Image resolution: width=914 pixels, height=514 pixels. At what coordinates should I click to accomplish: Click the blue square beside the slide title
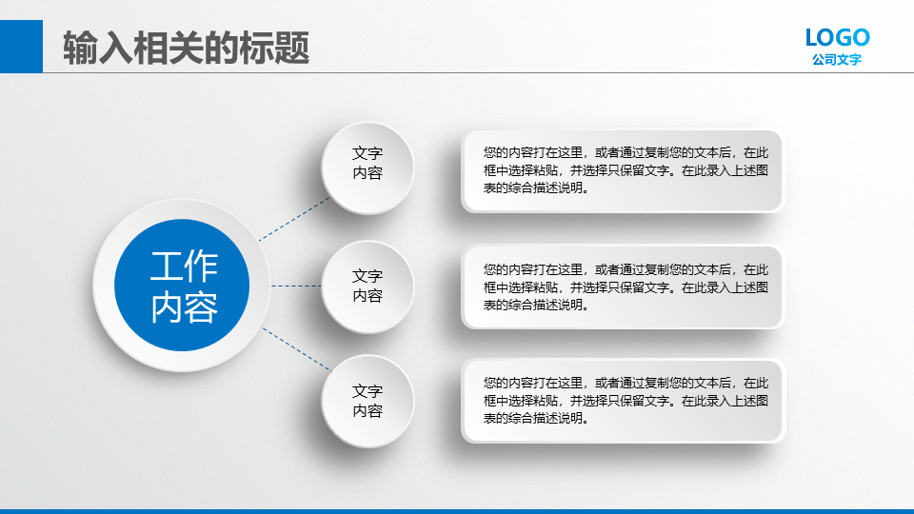pyautogui.click(x=21, y=47)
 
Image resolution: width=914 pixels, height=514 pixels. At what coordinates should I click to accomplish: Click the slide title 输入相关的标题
pyautogui.click(x=186, y=48)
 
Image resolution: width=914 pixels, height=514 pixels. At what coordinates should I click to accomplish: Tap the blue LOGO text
pyautogui.click(x=838, y=38)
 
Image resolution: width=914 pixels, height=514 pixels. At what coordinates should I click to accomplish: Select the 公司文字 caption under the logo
pyautogui.click(x=837, y=59)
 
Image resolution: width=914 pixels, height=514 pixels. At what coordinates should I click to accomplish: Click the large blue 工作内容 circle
pyautogui.click(x=182, y=285)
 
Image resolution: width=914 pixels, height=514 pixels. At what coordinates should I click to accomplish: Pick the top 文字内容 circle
pyautogui.click(x=368, y=168)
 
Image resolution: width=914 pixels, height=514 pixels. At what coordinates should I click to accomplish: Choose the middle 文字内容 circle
pyautogui.click(x=368, y=287)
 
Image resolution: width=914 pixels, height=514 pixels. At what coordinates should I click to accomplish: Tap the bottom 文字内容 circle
pyautogui.click(x=368, y=402)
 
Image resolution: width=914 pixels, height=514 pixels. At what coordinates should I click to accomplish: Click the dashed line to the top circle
pyautogui.click(x=294, y=219)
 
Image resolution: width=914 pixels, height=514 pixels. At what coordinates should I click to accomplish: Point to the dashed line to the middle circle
pyautogui.click(x=296, y=287)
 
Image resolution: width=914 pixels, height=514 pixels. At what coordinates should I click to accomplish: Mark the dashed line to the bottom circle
pyautogui.click(x=296, y=349)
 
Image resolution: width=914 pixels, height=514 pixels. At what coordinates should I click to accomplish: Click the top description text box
pyautogui.click(x=623, y=170)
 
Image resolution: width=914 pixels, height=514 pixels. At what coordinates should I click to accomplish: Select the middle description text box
pyautogui.click(x=623, y=287)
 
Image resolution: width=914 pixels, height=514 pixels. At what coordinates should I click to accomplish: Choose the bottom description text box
pyautogui.click(x=623, y=401)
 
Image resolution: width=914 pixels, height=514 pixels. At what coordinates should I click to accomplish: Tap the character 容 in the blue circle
pyautogui.click(x=201, y=306)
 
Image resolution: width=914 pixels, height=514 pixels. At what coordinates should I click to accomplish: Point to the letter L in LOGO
pyautogui.click(x=812, y=38)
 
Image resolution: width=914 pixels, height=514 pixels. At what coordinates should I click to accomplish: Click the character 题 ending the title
pyautogui.click(x=291, y=48)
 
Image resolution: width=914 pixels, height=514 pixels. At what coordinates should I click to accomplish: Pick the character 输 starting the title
pyautogui.click(x=80, y=48)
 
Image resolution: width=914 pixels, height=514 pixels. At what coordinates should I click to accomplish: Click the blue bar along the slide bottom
pyautogui.click(x=457, y=511)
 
